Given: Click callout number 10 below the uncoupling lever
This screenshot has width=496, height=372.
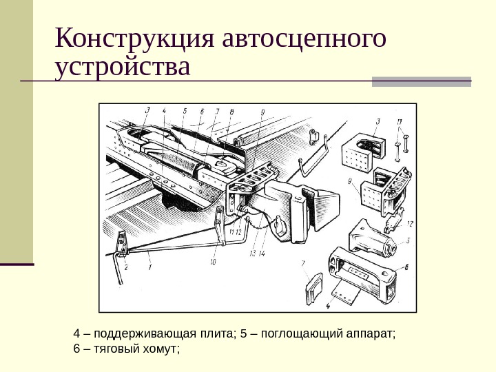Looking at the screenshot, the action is pyautogui.click(x=213, y=262).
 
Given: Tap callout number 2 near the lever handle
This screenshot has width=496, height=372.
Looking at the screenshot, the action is pyautogui.click(x=125, y=267).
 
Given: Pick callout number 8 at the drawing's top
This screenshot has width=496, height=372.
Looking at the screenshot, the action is pyautogui.click(x=231, y=110).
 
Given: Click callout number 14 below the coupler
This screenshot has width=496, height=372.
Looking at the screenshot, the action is pyautogui.click(x=262, y=254).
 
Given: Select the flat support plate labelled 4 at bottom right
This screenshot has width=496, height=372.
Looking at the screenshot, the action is pyautogui.click(x=345, y=296).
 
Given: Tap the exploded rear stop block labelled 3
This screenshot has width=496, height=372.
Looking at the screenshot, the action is pyautogui.click(x=364, y=147).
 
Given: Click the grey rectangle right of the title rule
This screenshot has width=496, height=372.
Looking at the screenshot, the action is pyautogui.click(x=422, y=81).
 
